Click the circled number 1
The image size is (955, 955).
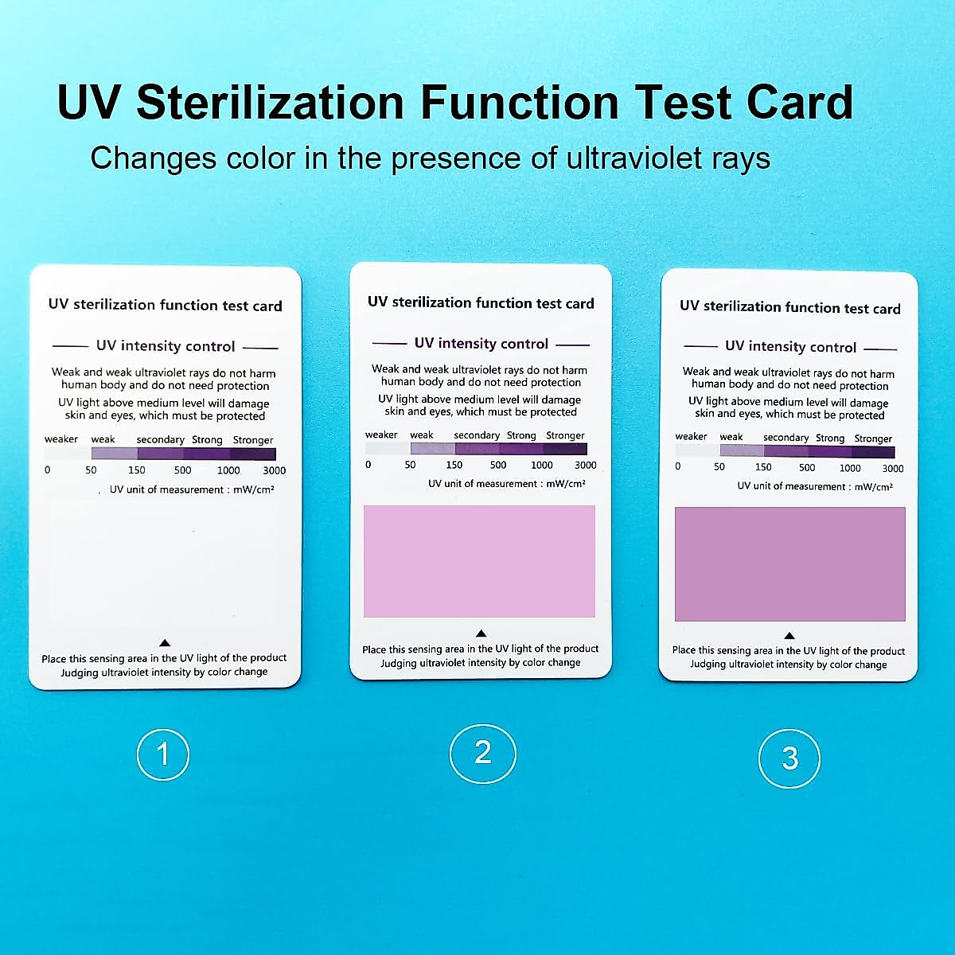pos(163,754)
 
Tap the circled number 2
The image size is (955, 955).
pos(483,752)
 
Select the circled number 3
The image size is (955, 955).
pos(789,758)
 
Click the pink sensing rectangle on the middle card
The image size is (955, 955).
pos(479,561)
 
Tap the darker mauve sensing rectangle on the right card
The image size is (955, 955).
pos(789,563)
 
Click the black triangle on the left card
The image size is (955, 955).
pos(165,642)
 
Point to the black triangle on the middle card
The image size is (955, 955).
pos(481,633)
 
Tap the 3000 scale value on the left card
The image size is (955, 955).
pos(274,470)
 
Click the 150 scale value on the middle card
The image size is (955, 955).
pos(454,465)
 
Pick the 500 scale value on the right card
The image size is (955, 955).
pos(807,468)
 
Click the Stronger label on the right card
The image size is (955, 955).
pos(873,439)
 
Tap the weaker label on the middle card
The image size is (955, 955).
pos(381,435)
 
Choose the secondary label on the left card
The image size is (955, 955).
pos(160,439)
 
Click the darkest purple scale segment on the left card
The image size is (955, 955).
pos(253,454)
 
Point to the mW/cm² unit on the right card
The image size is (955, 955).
pos(873,486)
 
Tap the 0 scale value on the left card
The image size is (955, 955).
pos(47,470)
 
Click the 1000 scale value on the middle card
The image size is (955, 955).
pos(541,465)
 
